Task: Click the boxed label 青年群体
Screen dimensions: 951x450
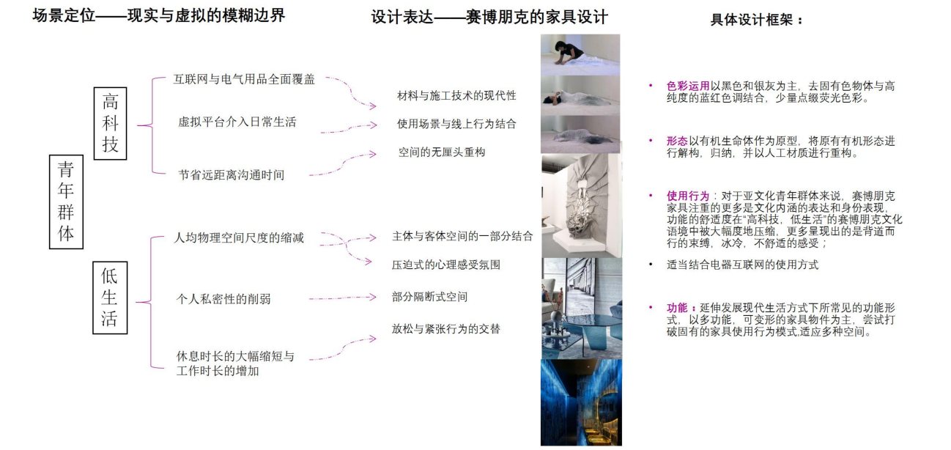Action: point(66,202)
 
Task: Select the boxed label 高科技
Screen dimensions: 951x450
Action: point(110,123)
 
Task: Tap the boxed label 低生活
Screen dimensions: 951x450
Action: point(110,298)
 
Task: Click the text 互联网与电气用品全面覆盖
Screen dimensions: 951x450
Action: point(244,79)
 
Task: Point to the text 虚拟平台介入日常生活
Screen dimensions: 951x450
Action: point(237,122)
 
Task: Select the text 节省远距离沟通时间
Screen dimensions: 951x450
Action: point(232,175)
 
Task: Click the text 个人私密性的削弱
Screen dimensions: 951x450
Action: point(223,299)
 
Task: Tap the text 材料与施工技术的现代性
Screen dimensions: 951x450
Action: point(456,95)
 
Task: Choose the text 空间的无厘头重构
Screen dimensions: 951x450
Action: point(442,152)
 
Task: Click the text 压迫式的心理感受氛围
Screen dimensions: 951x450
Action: point(445,265)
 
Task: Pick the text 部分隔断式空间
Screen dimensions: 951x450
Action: point(429,297)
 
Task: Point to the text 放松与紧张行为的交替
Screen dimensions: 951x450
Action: point(445,329)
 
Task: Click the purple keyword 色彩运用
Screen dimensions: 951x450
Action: point(688,86)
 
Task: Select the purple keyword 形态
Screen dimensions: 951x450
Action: point(677,141)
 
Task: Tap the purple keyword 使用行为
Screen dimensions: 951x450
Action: point(688,196)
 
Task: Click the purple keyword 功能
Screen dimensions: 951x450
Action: point(677,308)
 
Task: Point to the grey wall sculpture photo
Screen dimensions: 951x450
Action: point(582,205)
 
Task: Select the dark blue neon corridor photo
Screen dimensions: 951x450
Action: point(581,402)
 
